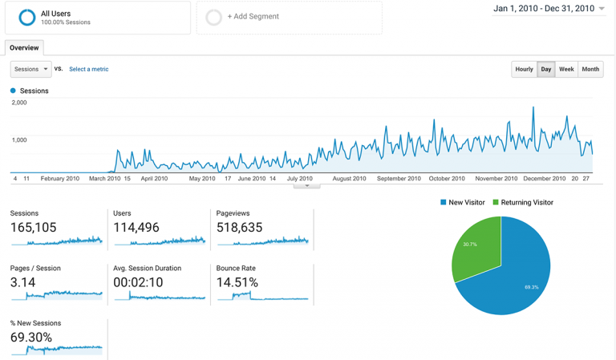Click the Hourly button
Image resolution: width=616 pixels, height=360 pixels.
524,69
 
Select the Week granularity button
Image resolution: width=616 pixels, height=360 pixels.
566,69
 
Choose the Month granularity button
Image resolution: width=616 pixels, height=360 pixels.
590,69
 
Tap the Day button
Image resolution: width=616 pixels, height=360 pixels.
546,69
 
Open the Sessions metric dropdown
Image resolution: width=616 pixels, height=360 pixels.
31,69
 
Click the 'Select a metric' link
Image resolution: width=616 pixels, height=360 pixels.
88,69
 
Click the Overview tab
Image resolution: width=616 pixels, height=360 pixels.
24,48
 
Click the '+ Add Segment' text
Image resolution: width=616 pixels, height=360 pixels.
253,16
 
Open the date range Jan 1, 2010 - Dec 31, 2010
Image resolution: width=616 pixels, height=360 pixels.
549,9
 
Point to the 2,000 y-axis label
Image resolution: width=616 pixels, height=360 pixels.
19,103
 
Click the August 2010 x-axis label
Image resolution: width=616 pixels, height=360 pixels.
349,179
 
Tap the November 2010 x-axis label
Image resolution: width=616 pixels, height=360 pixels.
496,179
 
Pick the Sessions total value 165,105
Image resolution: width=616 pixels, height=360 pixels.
34,228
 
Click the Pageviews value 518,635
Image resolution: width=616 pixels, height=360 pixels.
239,228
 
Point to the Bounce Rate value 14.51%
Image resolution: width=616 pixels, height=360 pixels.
237,282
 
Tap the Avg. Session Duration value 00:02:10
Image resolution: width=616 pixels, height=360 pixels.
138,282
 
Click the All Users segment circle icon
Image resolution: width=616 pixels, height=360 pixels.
26,17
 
